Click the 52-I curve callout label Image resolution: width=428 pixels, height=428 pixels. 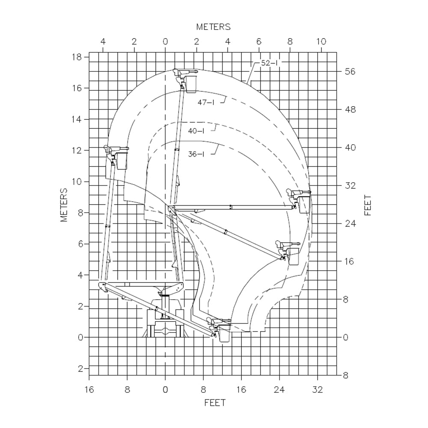pos(269,63)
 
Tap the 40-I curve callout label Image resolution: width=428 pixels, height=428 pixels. pos(196,131)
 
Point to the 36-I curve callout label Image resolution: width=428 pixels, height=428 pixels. pos(196,154)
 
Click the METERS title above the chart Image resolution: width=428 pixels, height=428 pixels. pos(214,27)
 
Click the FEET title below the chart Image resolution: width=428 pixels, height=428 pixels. pos(215,403)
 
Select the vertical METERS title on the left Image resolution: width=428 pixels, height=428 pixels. pos(64,205)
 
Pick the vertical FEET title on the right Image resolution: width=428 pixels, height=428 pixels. pos(368,205)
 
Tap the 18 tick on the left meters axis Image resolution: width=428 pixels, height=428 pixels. pos(77,57)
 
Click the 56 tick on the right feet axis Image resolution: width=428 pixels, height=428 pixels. pos(350,71)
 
